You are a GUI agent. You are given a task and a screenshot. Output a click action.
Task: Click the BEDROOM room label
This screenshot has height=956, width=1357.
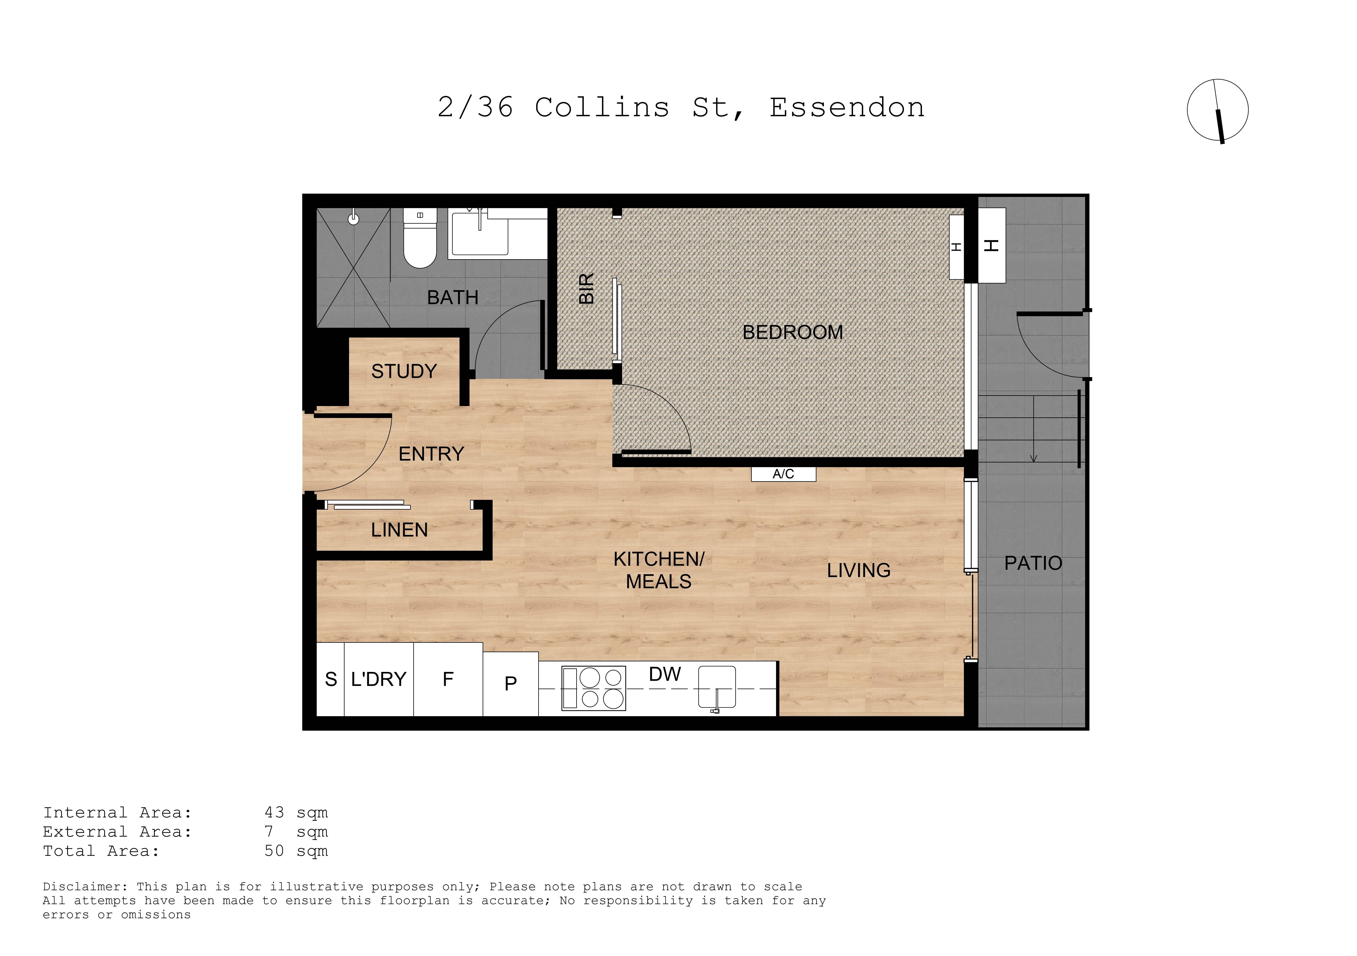pyautogui.click(x=792, y=333)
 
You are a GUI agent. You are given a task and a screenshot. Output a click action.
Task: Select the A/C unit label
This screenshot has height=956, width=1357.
pyautogui.click(x=783, y=474)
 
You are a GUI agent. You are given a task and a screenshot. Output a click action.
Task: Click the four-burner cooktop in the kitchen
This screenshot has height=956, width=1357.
pyautogui.click(x=593, y=688)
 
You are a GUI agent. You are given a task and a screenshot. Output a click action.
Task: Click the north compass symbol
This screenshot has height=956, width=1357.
pyautogui.click(x=1218, y=110)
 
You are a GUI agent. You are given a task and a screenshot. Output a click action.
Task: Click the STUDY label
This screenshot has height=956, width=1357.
pyautogui.click(x=404, y=371)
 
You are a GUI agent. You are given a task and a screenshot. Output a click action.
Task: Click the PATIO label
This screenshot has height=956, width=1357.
pyautogui.click(x=1033, y=563)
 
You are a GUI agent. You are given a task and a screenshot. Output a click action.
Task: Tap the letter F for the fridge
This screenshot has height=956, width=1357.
pyautogui.click(x=448, y=680)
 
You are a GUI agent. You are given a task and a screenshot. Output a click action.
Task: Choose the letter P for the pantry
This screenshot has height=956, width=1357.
pyautogui.click(x=511, y=684)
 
